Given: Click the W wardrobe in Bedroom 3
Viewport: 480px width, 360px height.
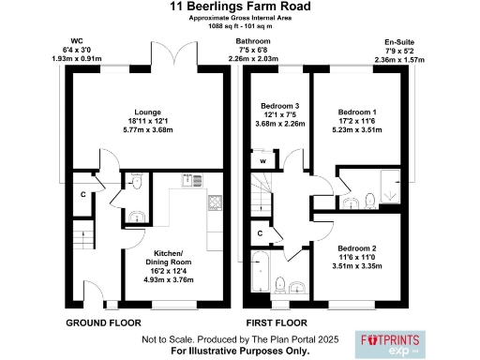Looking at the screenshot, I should pos(263,160).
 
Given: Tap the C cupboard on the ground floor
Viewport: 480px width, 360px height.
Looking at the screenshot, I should pos(83,195).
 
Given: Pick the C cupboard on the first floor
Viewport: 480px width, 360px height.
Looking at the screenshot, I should pos(260,232).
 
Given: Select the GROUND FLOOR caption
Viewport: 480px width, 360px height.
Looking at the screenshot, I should pos(103,322).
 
